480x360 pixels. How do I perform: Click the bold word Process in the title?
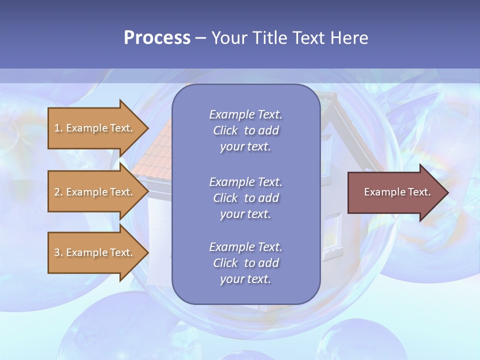click(x=157, y=38)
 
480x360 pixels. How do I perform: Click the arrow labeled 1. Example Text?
click(x=95, y=128)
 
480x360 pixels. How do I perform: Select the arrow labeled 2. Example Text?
click(x=95, y=192)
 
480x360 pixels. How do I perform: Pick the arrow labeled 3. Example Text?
click(x=95, y=252)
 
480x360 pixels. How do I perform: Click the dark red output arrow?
click(x=395, y=192)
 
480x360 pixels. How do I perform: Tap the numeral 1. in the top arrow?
click(x=58, y=128)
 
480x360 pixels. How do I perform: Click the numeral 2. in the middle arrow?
click(x=58, y=192)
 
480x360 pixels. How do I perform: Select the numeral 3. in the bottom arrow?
click(x=58, y=252)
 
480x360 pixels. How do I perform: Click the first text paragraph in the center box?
click(x=245, y=130)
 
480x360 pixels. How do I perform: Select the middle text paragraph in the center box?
click(x=245, y=198)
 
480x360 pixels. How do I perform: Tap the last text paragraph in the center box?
click(x=245, y=263)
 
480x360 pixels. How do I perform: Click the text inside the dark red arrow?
click(x=397, y=192)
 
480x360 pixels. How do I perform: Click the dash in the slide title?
click(x=200, y=38)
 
